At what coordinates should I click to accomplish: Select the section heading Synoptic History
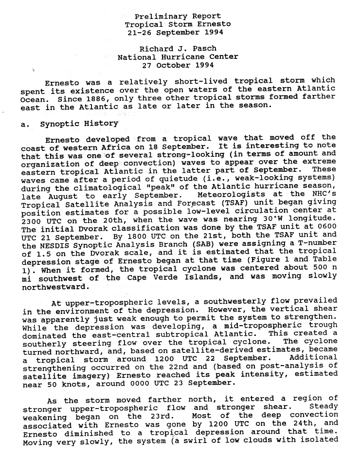coord(79,124)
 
